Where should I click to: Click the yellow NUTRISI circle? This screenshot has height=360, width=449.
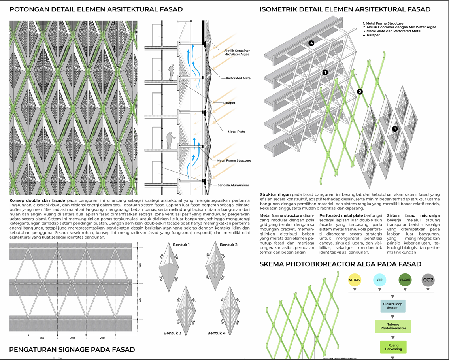pyautogui.click(x=355, y=280)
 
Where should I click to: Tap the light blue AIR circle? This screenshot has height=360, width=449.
pyautogui.click(x=380, y=280)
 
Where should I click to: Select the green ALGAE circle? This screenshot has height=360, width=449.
pyautogui.click(x=405, y=280)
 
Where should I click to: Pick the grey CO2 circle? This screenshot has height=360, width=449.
pyautogui.click(x=428, y=280)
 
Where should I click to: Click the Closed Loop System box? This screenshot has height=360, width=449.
pyautogui.click(x=393, y=306)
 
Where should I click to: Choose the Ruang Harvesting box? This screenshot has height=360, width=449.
pyautogui.click(x=393, y=347)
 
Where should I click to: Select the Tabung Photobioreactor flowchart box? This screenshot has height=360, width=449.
pyautogui.click(x=393, y=326)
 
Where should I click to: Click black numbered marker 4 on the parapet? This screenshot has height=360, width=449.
pyautogui.click(x=311, y=43)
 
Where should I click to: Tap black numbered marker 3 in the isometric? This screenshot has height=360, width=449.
pyautogui.click(x=394, y=129)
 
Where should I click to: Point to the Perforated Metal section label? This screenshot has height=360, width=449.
pyautogui.click(x=238, y=78)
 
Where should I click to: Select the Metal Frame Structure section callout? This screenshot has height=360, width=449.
pyautogui.click(x=234, y=160)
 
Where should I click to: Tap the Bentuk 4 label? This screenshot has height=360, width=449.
pyautogui.click(x=216, y=333)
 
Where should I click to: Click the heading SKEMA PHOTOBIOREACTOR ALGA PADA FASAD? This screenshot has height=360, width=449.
pyautogui.click(x=340, y=264)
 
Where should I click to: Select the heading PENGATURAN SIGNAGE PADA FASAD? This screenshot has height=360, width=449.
pyautogui.click(x=72, y=349)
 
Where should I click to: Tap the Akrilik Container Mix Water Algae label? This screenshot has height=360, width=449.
pyautogui.click(x=237, y=53)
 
